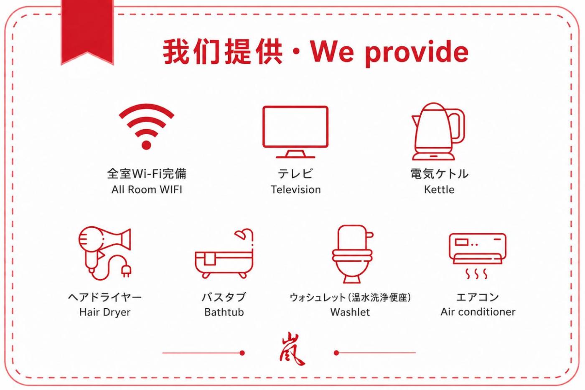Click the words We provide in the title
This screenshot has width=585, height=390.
[x=389, y=52]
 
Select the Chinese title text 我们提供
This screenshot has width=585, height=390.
[x=222, y=51]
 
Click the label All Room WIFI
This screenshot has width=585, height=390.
[x=147, y=189]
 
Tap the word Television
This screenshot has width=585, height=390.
[x=296, y=189]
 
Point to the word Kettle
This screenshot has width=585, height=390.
[x=439, y=189]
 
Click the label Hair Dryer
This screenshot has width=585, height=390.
[x=105, y=312]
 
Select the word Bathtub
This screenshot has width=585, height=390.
[x=224, y=312]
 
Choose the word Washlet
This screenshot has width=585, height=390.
[x=350, y=312]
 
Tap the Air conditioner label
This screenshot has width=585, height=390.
[x=478, y=312]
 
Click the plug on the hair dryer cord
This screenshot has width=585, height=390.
[x=127, y=271]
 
